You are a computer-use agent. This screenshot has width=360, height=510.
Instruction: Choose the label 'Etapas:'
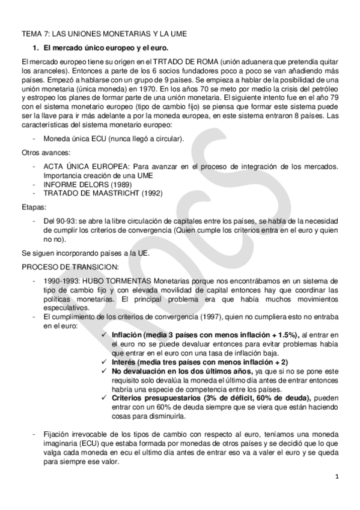(x=32, y=206)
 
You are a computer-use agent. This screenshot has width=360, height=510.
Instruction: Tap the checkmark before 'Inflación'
(x=105, y=334)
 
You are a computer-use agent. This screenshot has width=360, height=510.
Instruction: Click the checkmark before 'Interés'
(x=105, y=361)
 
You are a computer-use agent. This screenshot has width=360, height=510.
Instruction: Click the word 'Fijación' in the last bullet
(x=58, y=434)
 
